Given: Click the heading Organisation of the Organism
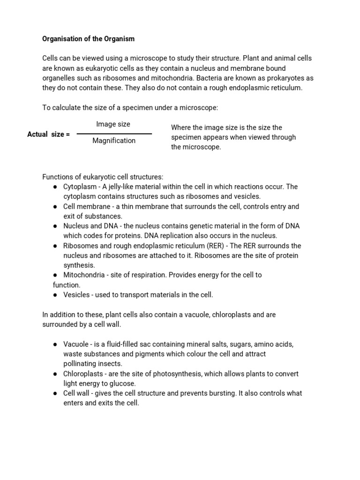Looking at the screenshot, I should (88, 38).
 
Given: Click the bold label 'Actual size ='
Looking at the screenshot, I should (48, 135).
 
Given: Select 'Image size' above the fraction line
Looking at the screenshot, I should (113, 124).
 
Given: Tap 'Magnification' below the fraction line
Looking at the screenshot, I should (114, 141).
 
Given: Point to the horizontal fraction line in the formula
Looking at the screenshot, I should (114, 134).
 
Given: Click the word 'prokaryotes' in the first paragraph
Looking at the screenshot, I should (285, 78).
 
